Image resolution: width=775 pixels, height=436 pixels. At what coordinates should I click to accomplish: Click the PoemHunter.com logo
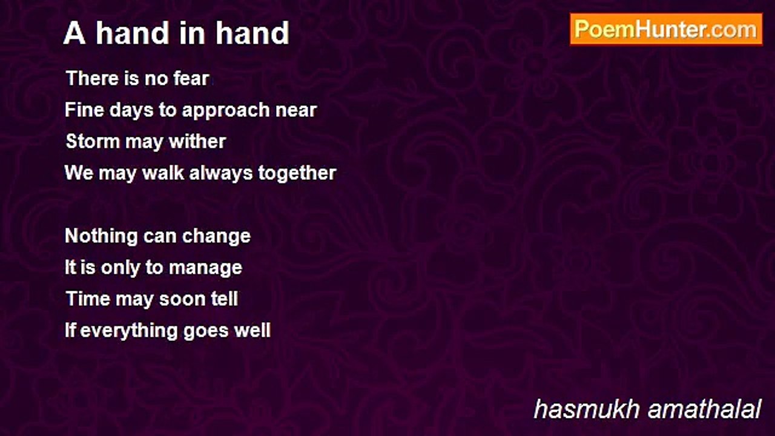[666, 30]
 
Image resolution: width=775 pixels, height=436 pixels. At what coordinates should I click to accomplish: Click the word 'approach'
[226, 111]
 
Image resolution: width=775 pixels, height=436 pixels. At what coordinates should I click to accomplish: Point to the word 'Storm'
[93, 142]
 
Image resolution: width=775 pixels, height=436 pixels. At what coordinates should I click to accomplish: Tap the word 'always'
[221, 173]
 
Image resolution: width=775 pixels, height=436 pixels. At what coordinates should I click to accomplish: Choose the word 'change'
[216, 237]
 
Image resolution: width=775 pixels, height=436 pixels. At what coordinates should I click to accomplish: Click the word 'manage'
[205, 268]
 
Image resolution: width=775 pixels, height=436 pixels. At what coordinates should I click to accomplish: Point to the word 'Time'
[88, 299]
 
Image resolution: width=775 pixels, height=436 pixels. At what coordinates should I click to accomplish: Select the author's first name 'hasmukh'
[587, 409]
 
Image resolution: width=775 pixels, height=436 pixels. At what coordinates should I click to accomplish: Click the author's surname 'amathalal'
[704, 409]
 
